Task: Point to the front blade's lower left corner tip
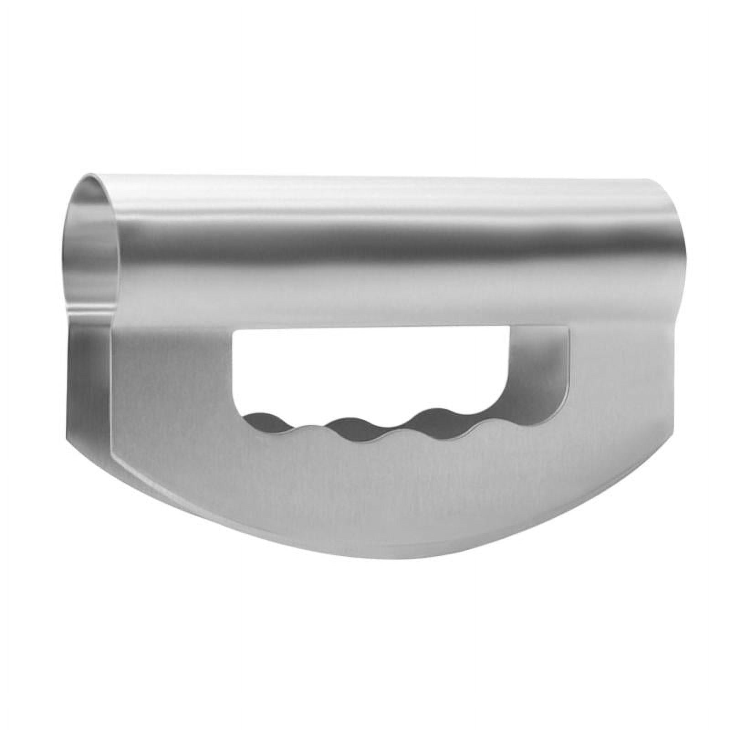113,456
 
